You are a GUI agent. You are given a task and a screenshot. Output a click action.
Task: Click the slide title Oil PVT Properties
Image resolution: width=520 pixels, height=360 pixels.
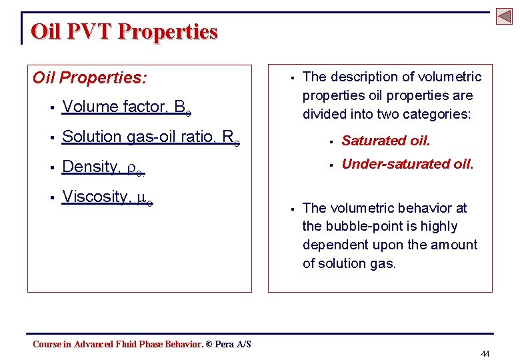(124, 31)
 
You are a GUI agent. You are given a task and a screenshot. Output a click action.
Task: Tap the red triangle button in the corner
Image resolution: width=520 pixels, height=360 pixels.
(504, 17)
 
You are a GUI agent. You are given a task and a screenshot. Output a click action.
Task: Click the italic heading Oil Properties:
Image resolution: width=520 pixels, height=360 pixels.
(90, 78)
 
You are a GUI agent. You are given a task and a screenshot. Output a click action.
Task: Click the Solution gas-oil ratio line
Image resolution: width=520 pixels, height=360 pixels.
(151, 137)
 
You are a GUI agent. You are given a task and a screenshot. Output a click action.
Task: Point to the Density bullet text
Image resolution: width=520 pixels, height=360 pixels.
(103, 167)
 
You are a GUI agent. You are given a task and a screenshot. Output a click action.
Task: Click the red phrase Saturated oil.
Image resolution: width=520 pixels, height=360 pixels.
(386, 141)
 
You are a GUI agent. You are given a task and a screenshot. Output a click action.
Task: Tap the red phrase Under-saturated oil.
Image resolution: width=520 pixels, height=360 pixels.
(407, 164)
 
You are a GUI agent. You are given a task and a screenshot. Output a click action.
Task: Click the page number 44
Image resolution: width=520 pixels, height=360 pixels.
(485, 353)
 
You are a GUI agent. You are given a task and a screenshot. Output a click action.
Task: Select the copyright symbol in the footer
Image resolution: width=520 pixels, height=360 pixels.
(209, 344)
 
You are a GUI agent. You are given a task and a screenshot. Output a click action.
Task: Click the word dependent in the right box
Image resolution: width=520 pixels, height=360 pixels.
(333, 245)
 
